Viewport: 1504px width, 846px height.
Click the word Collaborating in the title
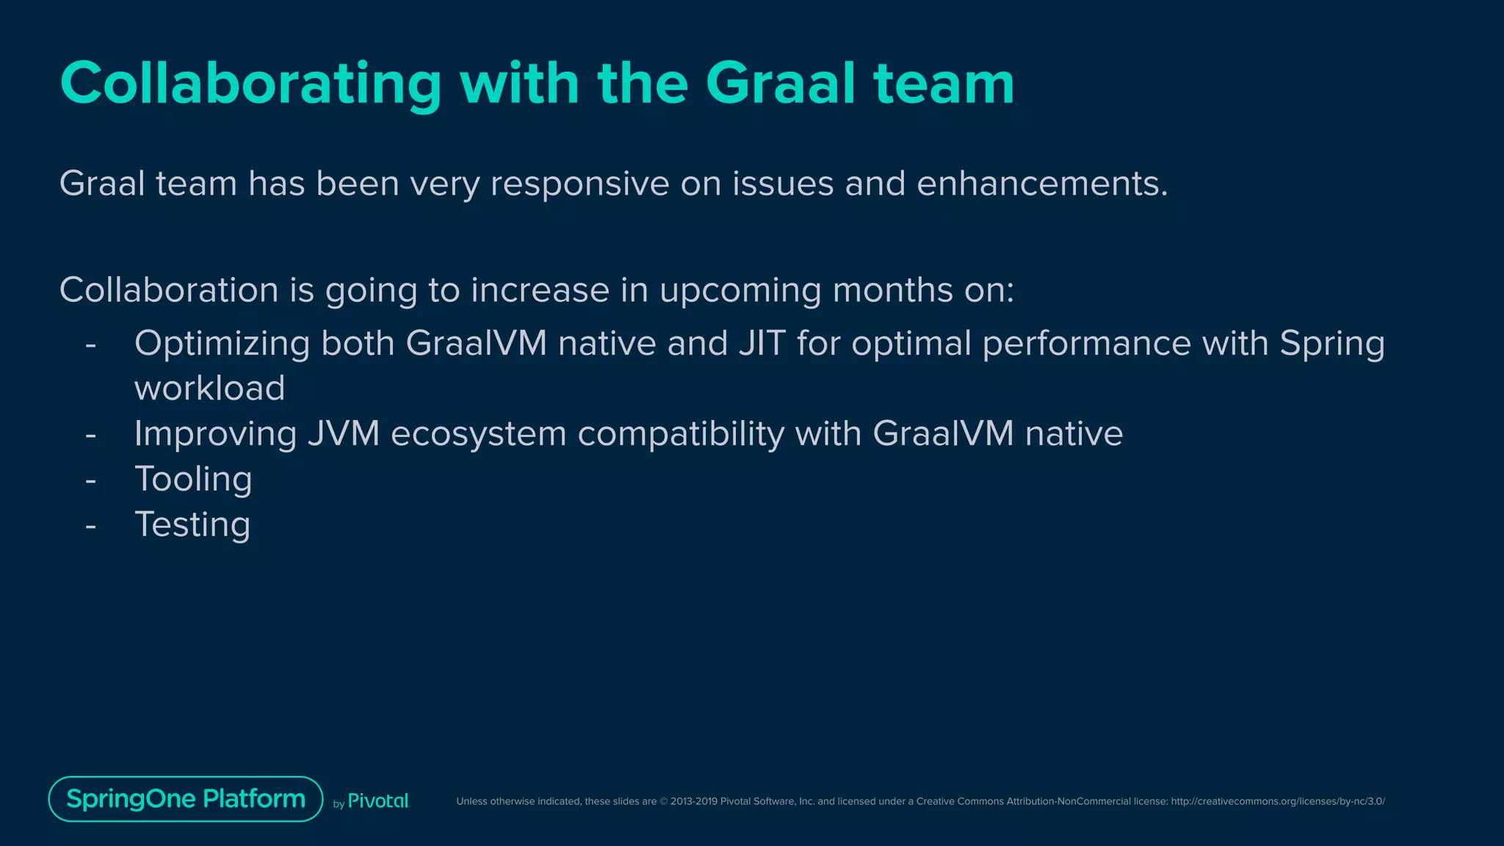[250, 84]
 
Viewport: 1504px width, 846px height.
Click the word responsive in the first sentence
[579, 184]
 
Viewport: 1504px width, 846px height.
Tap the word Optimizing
[222, 344]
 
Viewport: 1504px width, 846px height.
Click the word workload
[209, 388]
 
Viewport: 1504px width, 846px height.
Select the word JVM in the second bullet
[343, 433]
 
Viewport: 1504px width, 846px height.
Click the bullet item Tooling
[193, 480]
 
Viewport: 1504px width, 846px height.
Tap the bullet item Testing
[192, 525]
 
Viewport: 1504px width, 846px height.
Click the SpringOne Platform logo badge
[186, 799]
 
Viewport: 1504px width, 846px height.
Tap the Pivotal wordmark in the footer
[377, 801]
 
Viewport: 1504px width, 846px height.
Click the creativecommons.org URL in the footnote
[1277, 801]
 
